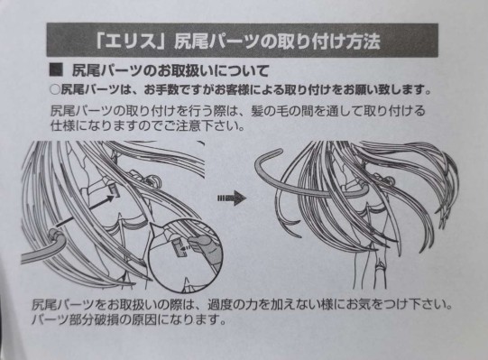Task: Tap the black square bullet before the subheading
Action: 56,70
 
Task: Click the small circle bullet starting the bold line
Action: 55,90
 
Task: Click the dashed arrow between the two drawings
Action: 232,198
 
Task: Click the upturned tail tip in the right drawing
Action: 267,157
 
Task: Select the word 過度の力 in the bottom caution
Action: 232,305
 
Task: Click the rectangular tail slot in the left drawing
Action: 115,189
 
